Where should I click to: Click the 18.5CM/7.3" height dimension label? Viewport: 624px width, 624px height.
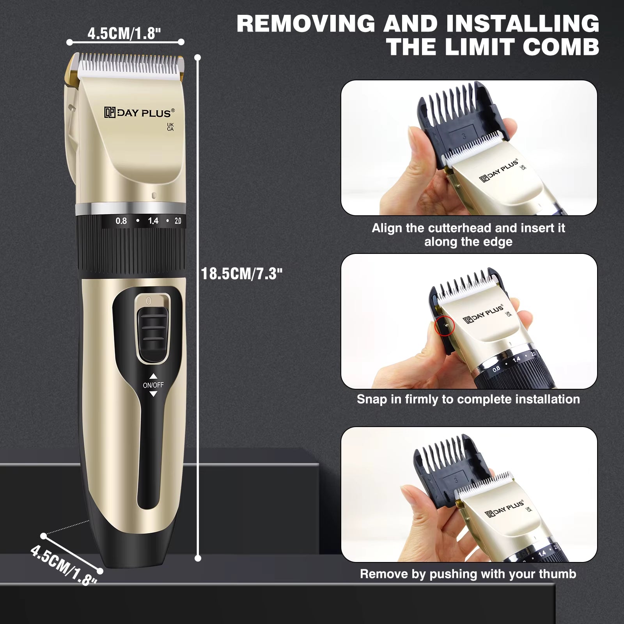click(241, 273)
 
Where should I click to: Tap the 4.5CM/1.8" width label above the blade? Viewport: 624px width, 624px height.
click(124, 34)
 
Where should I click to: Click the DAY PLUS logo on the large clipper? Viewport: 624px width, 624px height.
click(139, 113)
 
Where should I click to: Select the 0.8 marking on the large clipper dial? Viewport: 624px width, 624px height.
click(121, 221)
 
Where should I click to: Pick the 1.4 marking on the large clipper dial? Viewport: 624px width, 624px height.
click(153, 221)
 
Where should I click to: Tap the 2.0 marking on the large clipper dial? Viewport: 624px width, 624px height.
click(178, 221)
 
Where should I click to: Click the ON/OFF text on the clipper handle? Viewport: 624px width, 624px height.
click(153, 385)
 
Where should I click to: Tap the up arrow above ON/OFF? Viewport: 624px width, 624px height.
click(153, 376)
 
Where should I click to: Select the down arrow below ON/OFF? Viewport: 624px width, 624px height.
click(153, 394)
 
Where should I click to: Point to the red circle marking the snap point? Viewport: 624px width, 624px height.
click(444, 325)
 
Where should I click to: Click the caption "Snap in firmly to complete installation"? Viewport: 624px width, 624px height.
click(468, 399)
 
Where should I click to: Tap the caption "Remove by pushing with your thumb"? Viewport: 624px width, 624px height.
click(468, 574)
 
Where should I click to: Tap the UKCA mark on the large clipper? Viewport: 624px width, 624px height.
click(170, 127)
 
